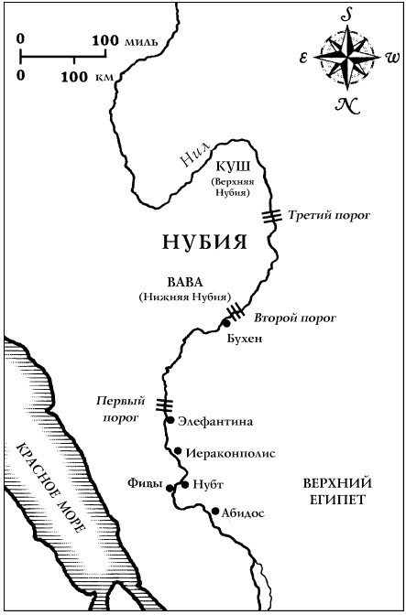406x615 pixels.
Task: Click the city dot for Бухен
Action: point(226,323)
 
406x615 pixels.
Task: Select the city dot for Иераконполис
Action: point(178,450)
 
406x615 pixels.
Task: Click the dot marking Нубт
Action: point(184,483)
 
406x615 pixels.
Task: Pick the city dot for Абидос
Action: point(214,511)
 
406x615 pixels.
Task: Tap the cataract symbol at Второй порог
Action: point(236,311)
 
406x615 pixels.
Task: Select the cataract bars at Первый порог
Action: point(164,405)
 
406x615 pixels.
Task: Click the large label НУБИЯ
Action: point(206,243)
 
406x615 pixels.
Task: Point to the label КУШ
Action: point(228,167)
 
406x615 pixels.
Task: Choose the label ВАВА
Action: point(184,283)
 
